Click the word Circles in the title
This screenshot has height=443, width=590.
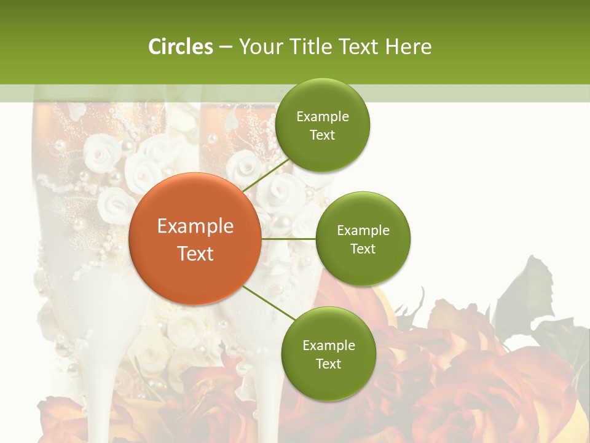181,47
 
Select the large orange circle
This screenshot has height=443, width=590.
194,239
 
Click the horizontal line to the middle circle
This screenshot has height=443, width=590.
288,239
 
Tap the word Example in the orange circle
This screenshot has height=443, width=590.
195,226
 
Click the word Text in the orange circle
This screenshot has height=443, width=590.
195,253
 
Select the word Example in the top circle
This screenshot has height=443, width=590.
323,117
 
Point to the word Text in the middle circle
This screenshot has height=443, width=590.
363,249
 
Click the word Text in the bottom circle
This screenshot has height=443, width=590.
328,364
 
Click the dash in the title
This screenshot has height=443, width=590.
226,47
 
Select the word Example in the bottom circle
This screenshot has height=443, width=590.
329,345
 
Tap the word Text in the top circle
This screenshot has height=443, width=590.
322,135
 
